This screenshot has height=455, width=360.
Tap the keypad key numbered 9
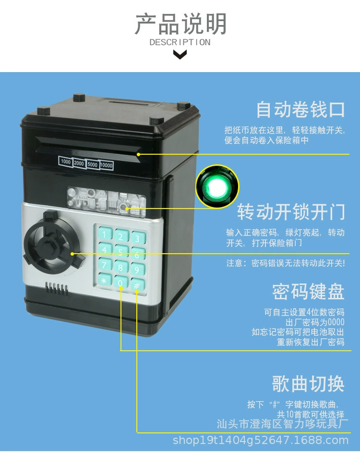pyautogui.click(x=137, y=270)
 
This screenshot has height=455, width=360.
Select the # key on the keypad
pyautogui.click(x=137, y=285)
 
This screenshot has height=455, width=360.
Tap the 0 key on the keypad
pyautogui.click(x=120, y=283)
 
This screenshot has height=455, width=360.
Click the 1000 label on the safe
pyautogui.click(x=66, y=162)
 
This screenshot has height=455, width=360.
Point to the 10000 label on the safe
pyautogui.click(x=107, y=165)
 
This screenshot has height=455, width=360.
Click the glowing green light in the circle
pyautogui.click(x=217, y=186)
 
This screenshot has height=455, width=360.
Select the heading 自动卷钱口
pyautogui.click(x=300, y=109)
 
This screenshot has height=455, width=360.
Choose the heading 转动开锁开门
pyautogui.click(x=291, y=212)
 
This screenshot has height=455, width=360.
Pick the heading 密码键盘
pyautogui.click(x=308, y=291)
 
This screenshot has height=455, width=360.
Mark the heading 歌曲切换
pyautogui.click(x=308, y=384)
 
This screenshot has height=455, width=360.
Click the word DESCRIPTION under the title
pyautogui.click(x=180, y=42)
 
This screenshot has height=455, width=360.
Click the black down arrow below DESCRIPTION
pyautogui.click(x=180, y=54)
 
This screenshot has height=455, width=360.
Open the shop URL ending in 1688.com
pyautogui.click(x=260, y=440)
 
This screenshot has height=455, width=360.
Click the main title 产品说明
pyautogui.click(x=180, y=24)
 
